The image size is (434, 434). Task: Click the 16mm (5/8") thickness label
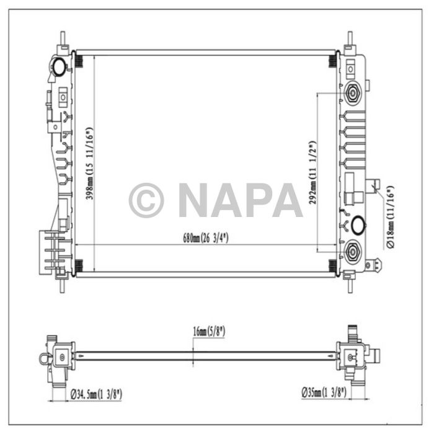click(x=208, y=332)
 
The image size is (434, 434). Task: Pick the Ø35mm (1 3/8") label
click(x=324, y=392)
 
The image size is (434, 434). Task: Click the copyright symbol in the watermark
click(x=146, y=200)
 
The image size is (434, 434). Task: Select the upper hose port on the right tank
click(x=353, y=93)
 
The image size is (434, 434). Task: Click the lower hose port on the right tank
click(x=353, y=250)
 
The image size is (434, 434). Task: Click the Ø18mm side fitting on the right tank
click(x=374, y=185)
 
